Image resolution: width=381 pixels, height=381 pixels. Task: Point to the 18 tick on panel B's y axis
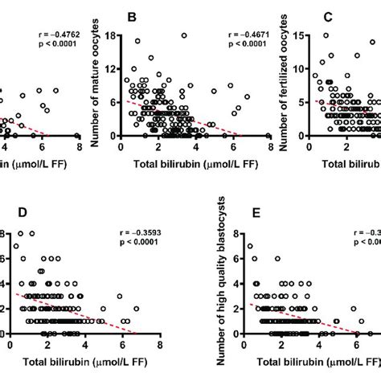click(x=111, y=35)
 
